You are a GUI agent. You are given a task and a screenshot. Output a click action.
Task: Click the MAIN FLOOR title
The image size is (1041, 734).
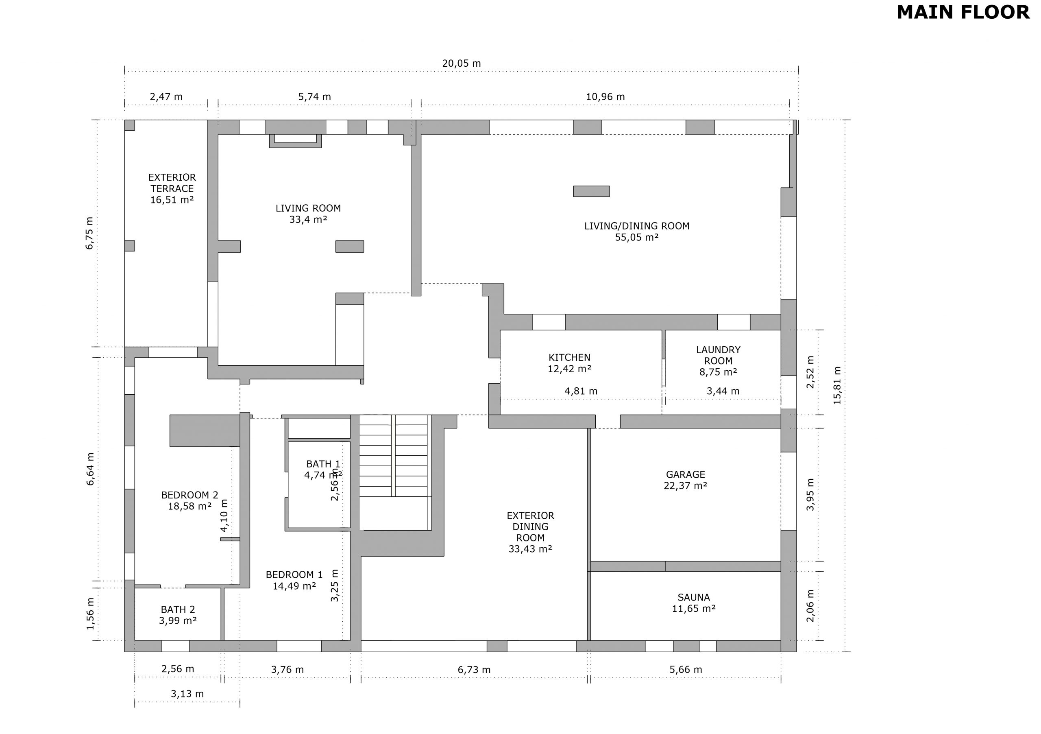point(963,12)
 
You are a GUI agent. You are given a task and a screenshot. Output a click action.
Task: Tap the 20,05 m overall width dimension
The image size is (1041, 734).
point(462,63)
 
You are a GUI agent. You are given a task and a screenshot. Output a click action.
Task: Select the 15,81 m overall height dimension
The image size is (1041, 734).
point(837,386)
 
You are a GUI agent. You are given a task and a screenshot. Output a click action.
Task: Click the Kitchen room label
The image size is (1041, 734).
point(569,358)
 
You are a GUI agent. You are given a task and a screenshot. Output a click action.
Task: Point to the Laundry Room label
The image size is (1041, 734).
point(718,355)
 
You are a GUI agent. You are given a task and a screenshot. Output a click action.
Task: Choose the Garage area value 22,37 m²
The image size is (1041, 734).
point(686,486)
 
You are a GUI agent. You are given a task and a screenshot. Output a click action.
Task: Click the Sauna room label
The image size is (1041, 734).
point(694,597)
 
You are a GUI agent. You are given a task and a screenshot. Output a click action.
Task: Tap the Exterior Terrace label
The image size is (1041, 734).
point(172,183)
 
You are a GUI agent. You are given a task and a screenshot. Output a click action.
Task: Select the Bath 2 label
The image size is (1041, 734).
point(178,610)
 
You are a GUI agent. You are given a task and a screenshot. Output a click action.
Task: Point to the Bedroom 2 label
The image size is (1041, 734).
point(190,495)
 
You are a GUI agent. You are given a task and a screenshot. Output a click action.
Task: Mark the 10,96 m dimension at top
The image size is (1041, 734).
point(605,96)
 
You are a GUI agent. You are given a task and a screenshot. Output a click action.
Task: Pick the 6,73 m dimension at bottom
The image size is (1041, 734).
point(474,670)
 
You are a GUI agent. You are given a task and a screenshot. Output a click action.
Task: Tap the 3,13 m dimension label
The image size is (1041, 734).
point(187,694)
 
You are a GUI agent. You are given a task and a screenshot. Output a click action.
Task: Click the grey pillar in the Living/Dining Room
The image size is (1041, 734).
point(591,192)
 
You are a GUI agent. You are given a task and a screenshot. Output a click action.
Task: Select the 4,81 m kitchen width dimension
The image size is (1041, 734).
point(581,391)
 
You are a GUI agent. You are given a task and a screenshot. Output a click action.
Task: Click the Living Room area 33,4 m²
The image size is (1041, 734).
point(308,220)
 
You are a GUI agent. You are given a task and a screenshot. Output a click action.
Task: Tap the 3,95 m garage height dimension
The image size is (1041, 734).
point(810,494)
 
